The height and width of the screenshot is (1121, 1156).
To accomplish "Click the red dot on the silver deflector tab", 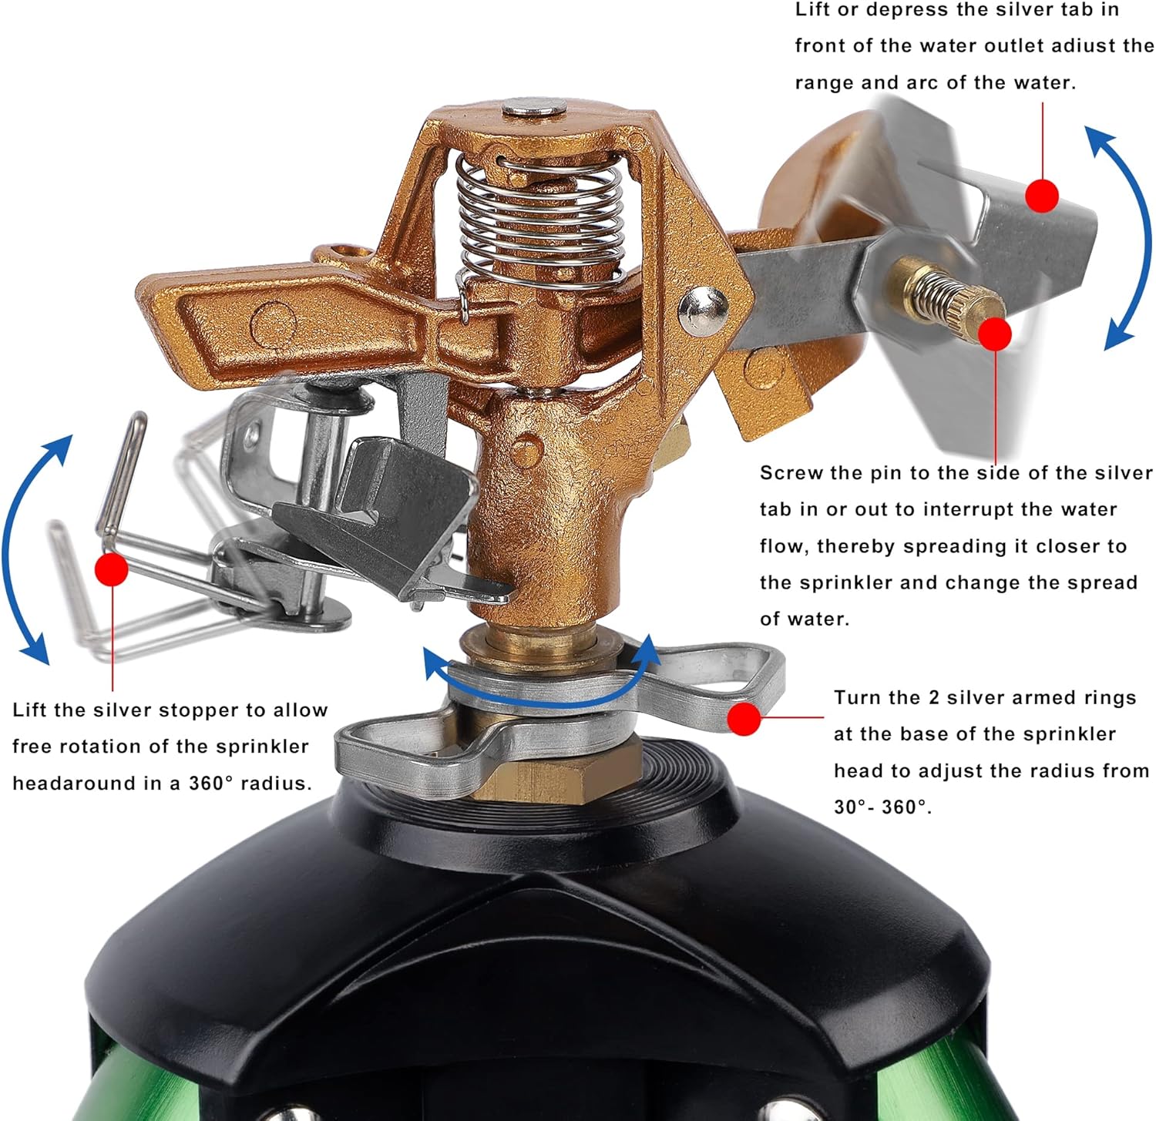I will coord(1042,196).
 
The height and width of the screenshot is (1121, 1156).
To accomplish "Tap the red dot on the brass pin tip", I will coord(995,334).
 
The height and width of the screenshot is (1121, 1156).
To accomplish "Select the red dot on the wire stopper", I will coord(112,569).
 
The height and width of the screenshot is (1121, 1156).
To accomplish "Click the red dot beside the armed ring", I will coord(744,718).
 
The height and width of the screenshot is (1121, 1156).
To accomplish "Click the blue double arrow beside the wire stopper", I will coord(31,549).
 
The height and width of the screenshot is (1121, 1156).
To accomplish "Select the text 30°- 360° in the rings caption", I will coord(883,807).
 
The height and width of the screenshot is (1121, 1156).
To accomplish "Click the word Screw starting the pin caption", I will coord(790,473).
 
